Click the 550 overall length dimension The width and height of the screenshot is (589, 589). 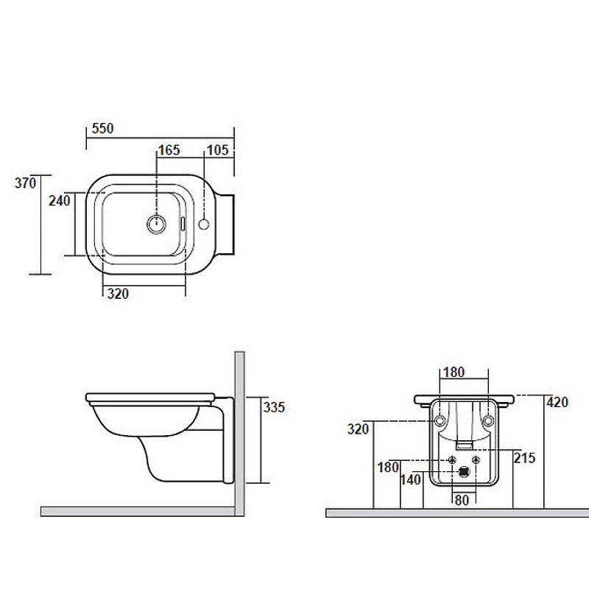click(102, 128)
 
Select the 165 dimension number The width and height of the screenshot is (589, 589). click(169, 150)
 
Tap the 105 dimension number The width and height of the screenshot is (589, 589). click(217, 150)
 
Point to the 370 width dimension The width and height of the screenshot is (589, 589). click(25, 183)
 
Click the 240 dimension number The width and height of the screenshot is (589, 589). click(60, 200)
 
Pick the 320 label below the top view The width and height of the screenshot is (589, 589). click(118, 294)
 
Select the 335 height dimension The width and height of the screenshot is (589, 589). click(274, 407)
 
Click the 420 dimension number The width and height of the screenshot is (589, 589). click(557, 402)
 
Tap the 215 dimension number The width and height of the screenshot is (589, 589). click(525, 458)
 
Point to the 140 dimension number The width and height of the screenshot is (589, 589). click(411, 480)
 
